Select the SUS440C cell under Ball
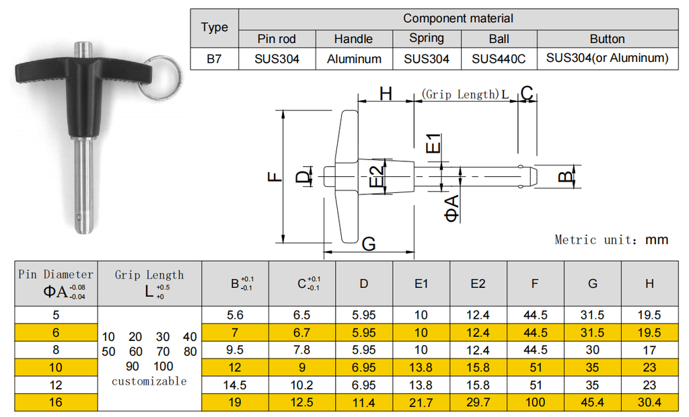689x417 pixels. click(x=499, y=59)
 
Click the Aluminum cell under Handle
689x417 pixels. click(x=354, y=59)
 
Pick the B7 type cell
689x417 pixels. click(x=214, y=59)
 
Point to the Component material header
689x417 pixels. click(x=458, y=18)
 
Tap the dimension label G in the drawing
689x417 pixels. click(x=369, y=244)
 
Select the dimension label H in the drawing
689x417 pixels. click(x=386, y=93)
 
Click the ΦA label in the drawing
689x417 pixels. click(x=451, y=207)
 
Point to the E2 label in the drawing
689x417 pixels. click(x=378, y=177)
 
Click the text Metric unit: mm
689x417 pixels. click(x=611, y=239)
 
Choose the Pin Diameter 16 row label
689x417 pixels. click(x=56, y=402)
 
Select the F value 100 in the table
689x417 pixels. click(x=535, y=402)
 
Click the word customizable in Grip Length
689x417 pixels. click(x=149, y=381)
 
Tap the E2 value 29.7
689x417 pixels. click(x=478, y=402)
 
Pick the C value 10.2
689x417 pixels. click(x=307, y=385)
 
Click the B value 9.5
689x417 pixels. click(x=235, y=350)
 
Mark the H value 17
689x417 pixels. click(x=649, y=350)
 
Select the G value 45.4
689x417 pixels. click(x=592, y=402)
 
